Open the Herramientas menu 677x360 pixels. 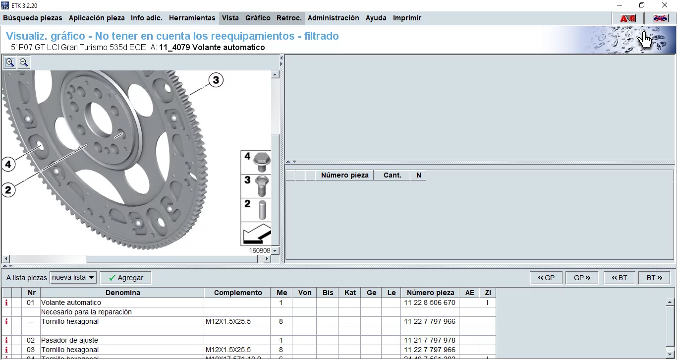(192, 18)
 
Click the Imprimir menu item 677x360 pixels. (407, 18)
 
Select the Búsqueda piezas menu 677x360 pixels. (33, 18)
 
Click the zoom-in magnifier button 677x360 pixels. (9, 62)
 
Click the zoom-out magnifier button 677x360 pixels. (23, 62)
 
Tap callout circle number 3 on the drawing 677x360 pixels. (216, 80)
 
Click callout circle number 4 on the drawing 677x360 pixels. (8, 164)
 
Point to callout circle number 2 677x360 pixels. (8, 189)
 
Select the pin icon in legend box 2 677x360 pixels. (262, 209)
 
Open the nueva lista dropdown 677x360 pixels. (73, 278)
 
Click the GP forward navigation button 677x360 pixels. (582, 278)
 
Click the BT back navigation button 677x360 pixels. (620, 278)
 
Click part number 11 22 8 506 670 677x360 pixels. (429, 302)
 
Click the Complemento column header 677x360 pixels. (238, 293)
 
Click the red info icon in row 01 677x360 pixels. (6, 302)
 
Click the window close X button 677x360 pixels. (665, 5)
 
